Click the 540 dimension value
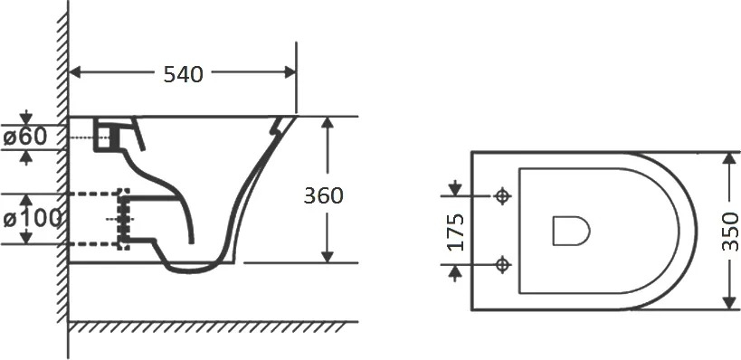pyautogui.click(x=184, y=74)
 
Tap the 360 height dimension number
pyautogui.click(x=323, y=195)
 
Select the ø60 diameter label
pyautogui.click(x=25, y=137)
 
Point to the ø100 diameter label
pyautogui.click(x=33, y=219)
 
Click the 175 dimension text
pyautogui.click(x=456, y=232)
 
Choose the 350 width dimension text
pyautogui.click(x=731, y=232)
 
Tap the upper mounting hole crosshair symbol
pyautogui.click(x=502, y=195)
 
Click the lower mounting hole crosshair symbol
pyautogui.click(x=502, y=264)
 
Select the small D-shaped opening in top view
pyautogui.click(x=571, y=231)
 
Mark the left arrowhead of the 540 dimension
pyautogui.click(x=76, y=72)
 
